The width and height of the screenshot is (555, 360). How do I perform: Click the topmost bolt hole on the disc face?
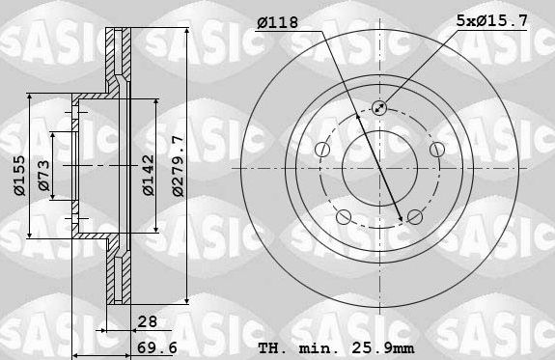[378, 109]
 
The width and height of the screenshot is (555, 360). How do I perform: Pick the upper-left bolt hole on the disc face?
[320, 149]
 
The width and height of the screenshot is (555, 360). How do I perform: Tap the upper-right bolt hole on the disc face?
[436, 149]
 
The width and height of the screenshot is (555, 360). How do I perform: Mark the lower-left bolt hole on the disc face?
[343, 216]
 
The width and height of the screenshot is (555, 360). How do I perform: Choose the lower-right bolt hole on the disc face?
[414, 216]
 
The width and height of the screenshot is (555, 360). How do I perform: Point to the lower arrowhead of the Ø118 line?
[400, 219]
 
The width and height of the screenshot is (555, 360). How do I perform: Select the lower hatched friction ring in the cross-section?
[120, 275]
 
